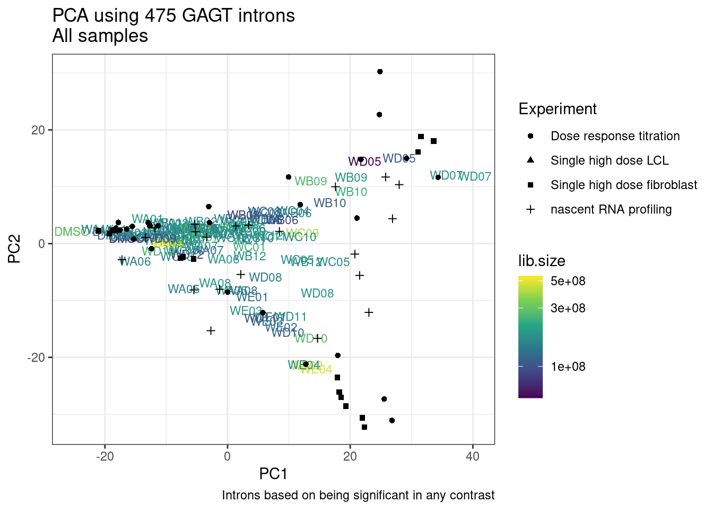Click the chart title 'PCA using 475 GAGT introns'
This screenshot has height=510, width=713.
[173, 15]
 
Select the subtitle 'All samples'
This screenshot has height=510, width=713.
[100, 36]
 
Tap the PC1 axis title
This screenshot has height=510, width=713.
[273, 473]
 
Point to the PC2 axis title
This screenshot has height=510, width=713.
[14, 249]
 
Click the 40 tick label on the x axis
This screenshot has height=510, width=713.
[472, 456]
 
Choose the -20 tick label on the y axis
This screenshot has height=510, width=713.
[36, 358]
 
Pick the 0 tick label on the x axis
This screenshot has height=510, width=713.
[228, 456]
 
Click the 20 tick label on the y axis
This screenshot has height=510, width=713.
[39, 130]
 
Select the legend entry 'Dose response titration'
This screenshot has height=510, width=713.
[615, 136]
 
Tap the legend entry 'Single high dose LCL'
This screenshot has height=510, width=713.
[609, 160]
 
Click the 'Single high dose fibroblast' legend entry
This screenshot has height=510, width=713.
[623, 185]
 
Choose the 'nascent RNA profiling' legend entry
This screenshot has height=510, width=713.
[611, 209]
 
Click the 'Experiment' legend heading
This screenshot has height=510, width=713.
[558, 109]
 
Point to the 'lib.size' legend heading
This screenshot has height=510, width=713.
[542, 261]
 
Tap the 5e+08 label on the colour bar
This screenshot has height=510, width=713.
[568, 281]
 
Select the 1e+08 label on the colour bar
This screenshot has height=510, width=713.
[568, 367]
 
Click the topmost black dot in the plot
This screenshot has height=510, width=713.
[380, 72]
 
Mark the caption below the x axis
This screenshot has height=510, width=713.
[358, 496]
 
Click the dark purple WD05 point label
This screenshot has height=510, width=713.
[364, 161]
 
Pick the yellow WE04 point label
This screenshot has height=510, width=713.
[316, 369]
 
